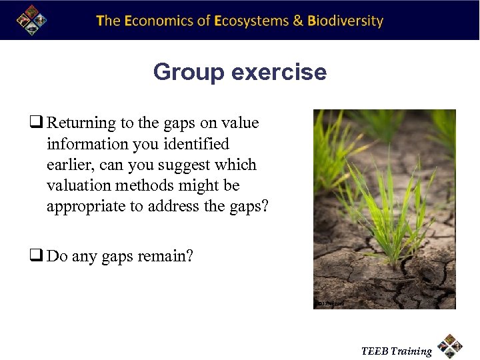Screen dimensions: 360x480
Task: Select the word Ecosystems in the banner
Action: [252, 21]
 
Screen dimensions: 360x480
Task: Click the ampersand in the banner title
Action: [299, 21]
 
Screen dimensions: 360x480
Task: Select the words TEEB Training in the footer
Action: [396, 351]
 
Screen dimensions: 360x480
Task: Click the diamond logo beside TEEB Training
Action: [450, 345]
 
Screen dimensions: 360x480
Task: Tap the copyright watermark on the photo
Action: [330, 303]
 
